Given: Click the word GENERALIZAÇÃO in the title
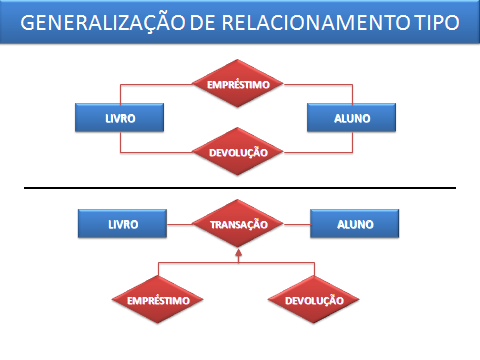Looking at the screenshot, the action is coord(100,25).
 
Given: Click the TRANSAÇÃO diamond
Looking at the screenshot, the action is coord(239,225).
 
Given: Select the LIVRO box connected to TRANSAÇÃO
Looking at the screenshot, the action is coord(121,224).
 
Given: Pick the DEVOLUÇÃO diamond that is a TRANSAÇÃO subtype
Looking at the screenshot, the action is coord(314,299).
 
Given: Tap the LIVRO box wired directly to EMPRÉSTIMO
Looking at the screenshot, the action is coord(120,118).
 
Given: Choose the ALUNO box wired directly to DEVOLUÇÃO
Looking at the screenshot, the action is coord(352,118).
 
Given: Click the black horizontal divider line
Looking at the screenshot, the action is coord(240,188).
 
